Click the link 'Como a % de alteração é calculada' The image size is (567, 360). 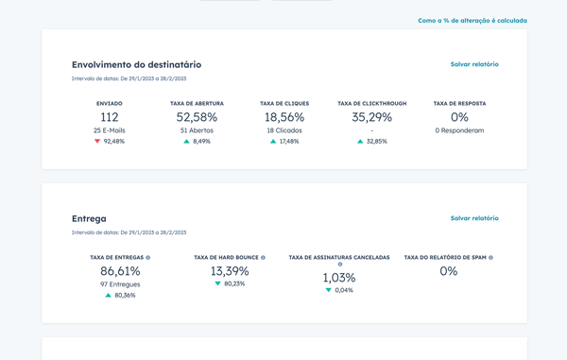point(472,20)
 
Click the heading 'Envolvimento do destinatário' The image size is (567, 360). point(136,64)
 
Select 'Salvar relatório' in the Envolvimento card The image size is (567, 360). point(474,64)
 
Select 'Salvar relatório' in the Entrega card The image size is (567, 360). point(474,218)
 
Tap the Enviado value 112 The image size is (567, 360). point(110,117)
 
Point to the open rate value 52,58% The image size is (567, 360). point(197,117)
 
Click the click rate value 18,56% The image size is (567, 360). point(283,117)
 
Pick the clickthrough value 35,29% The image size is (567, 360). point(371,117)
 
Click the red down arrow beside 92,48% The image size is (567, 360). point(96,142)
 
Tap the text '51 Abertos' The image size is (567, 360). point(197,130)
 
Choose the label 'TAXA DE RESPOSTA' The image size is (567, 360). point(459,103)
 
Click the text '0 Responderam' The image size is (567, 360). point(459,130)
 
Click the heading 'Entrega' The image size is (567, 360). point(89,218)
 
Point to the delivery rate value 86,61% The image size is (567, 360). point(120,271)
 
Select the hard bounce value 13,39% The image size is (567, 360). point(229,271)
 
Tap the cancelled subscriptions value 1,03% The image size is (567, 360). point(338,278)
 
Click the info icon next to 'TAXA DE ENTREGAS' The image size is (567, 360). point(148,257)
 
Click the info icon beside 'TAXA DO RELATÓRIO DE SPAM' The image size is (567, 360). point(490,257)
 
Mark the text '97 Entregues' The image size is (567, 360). point(120,284)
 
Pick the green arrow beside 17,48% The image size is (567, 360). point(273,142)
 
